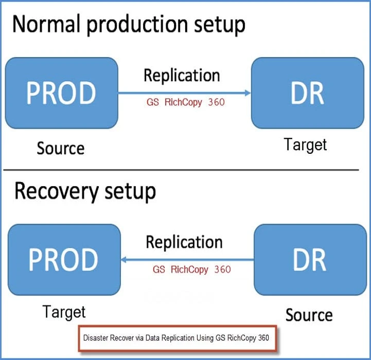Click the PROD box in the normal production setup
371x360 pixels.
tap(61, 93)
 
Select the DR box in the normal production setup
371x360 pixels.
tap(308, 93)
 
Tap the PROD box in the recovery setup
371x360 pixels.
tap(63, 260)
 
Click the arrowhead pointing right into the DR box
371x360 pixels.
tap(248, 93)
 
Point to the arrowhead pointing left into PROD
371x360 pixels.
tap(124, 260)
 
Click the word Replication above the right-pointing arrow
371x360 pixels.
tap(182, 76)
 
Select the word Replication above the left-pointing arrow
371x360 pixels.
tap(184, 242)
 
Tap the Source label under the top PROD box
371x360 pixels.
tap(60, 149)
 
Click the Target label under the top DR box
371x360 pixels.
tap(306, 145)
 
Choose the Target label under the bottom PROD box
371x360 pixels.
tap(64, 311)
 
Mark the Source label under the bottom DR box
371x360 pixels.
tap(309, 314)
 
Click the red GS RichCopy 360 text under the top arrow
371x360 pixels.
tap(185, 102)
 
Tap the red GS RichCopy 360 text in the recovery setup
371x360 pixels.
tap(191, 269)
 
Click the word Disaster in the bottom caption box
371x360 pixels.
tap(96, 338)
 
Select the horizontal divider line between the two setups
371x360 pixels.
tap(185, 170)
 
